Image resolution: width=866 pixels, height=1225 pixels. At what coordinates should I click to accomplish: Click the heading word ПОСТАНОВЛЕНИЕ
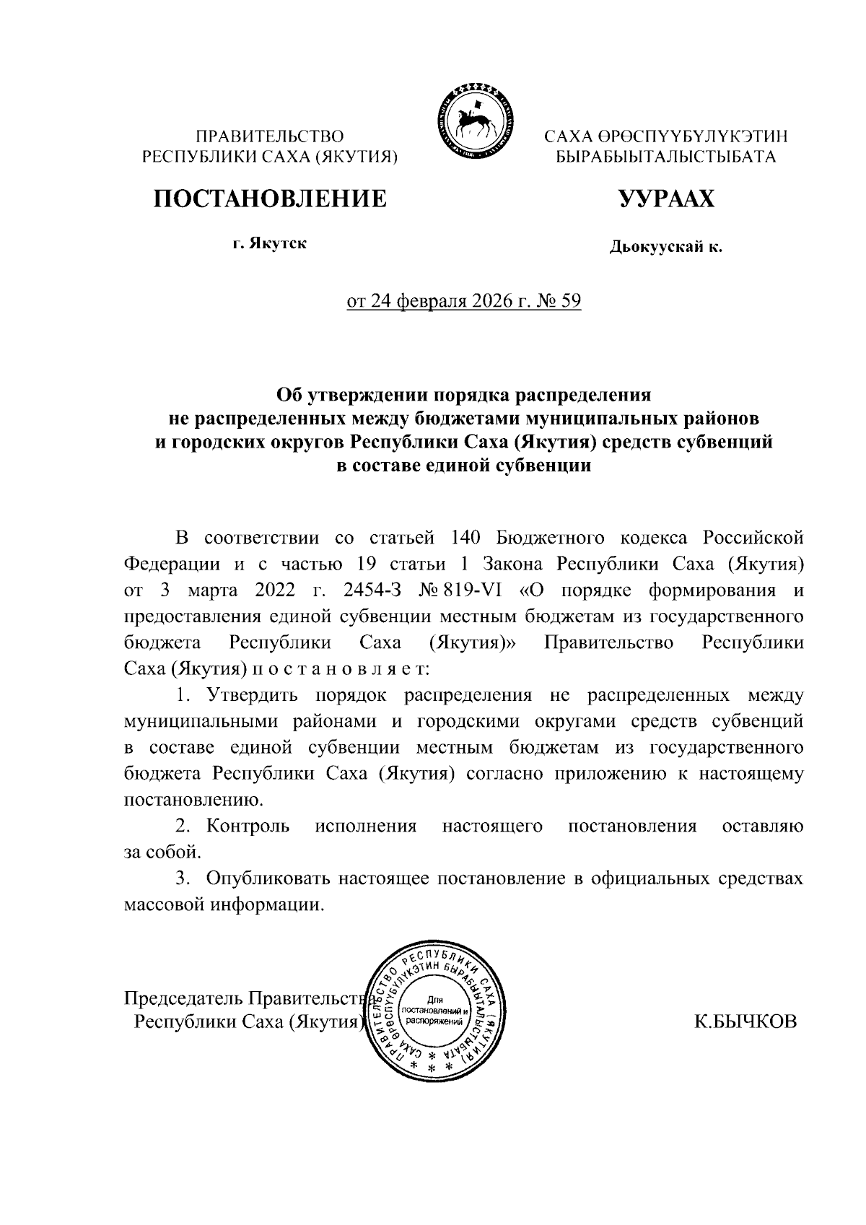point(269,197)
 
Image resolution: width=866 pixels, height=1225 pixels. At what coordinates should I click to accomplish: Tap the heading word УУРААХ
point(665,198)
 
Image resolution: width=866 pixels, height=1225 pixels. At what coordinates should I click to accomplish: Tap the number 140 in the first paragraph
point(466,538)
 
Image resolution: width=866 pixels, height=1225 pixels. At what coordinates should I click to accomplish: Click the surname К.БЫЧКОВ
point(745,1021)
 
